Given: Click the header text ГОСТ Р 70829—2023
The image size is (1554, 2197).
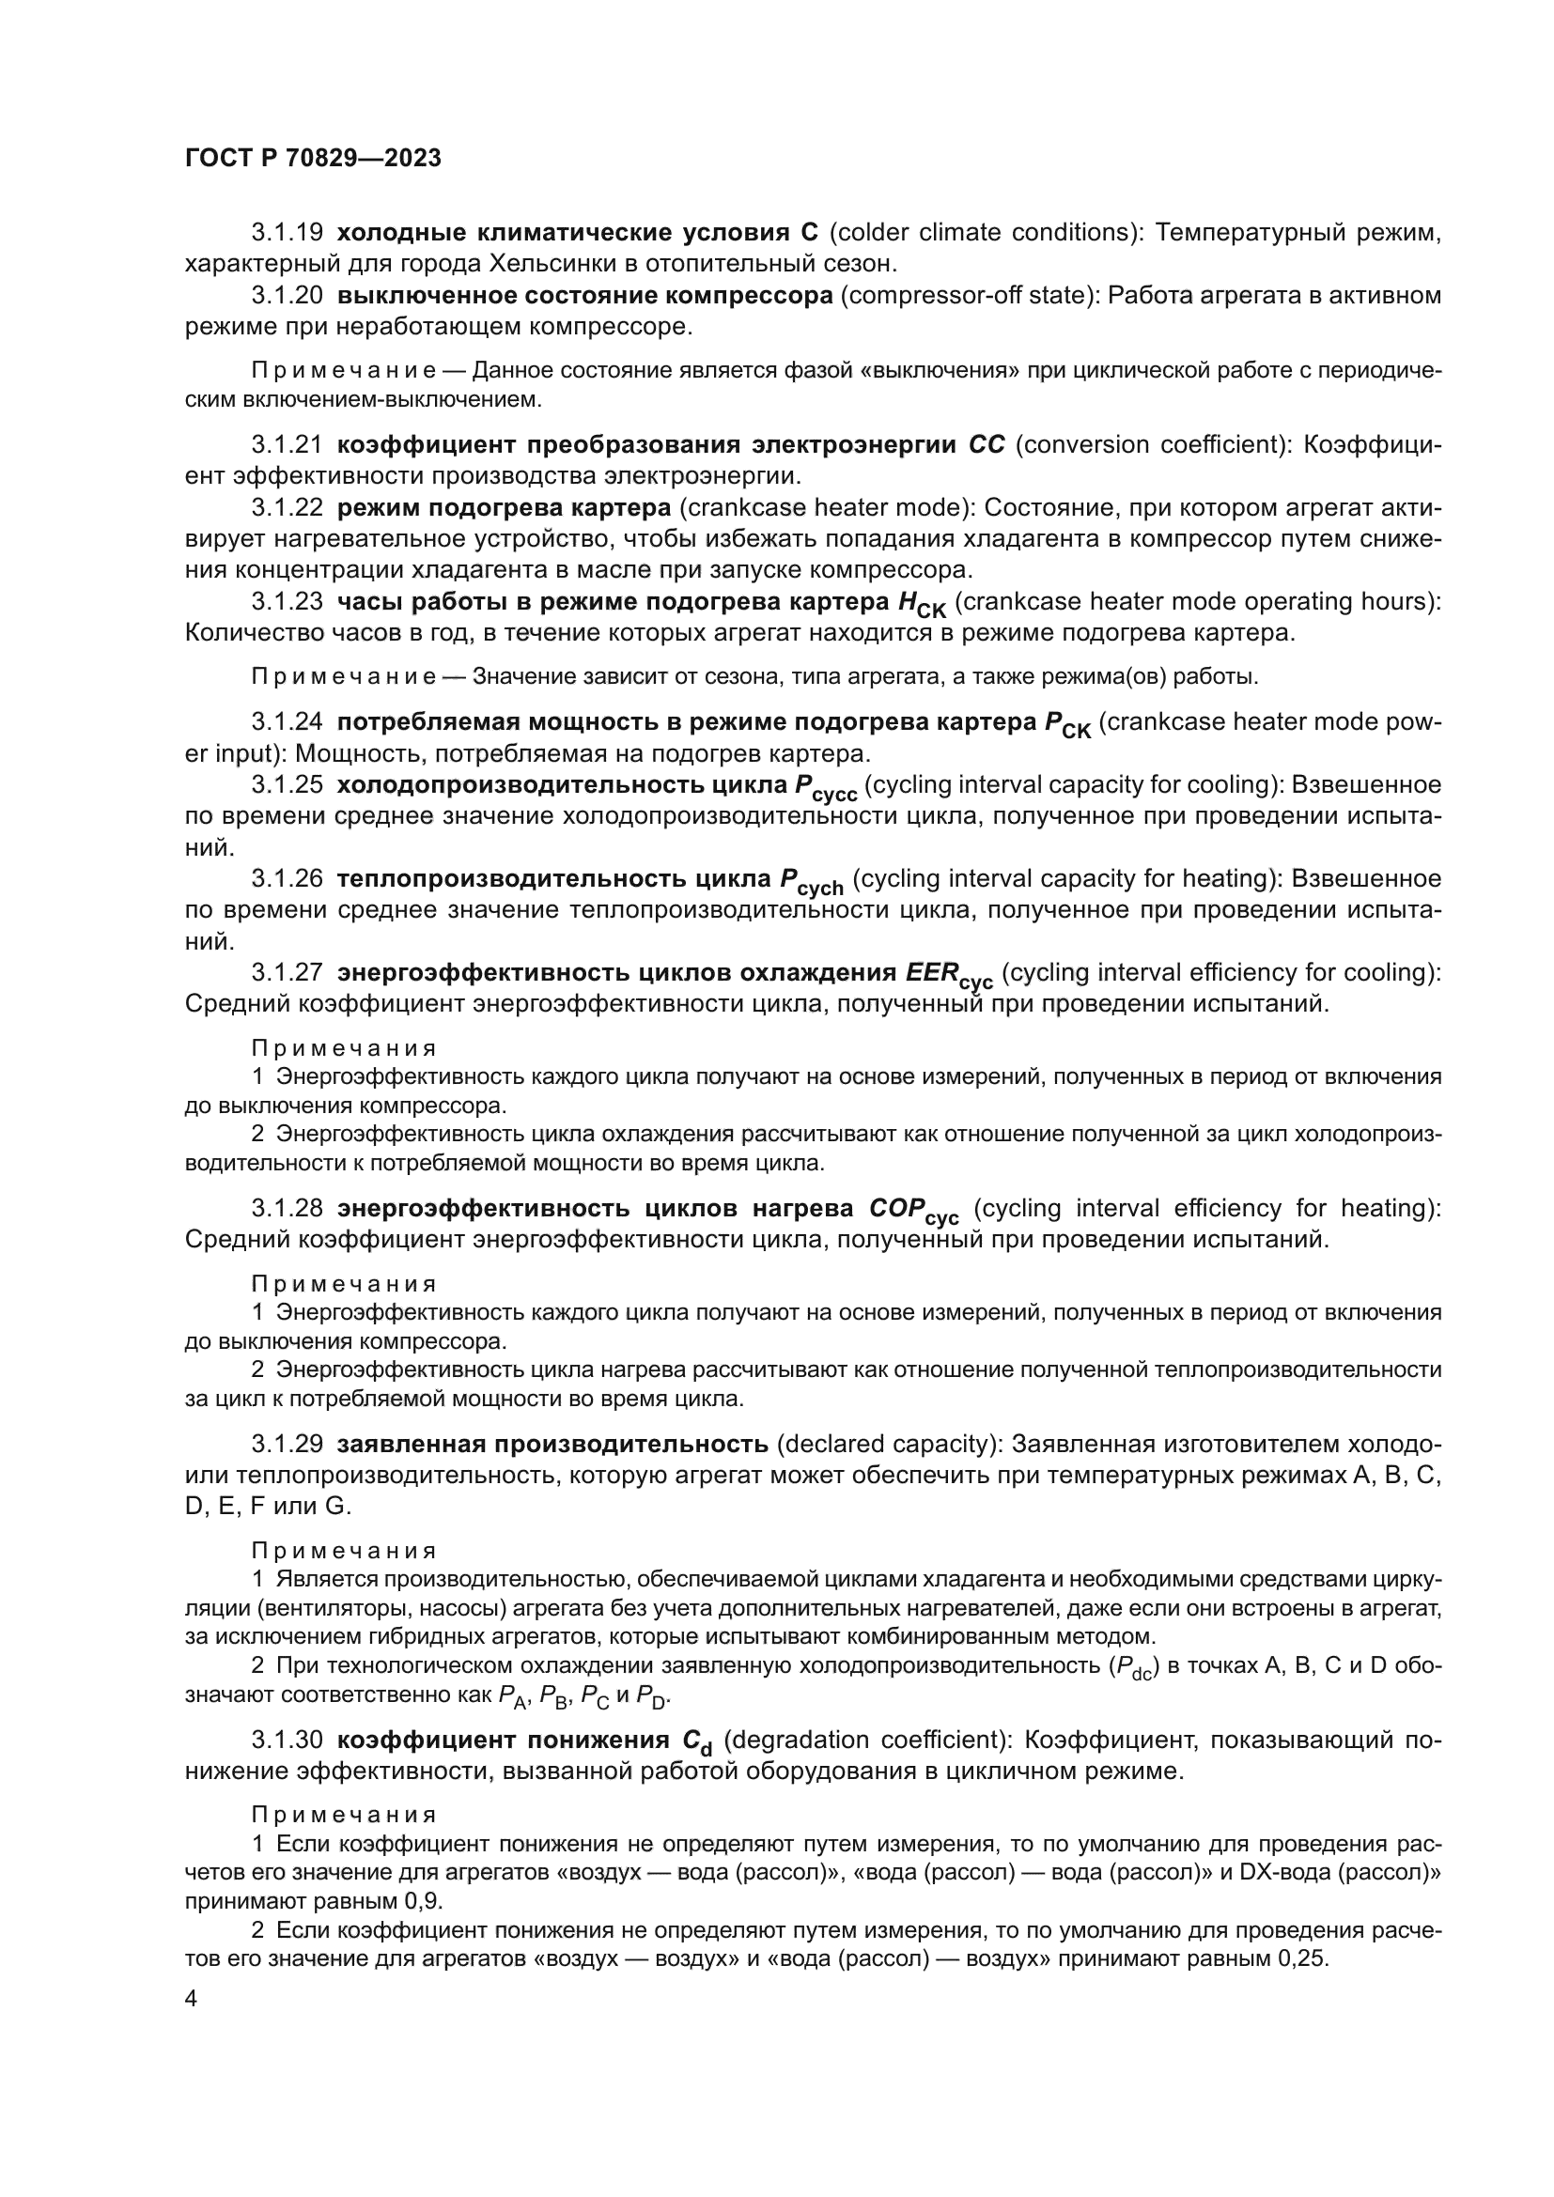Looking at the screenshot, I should coord(313,159).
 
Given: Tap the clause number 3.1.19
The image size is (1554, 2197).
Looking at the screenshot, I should coord(287,233).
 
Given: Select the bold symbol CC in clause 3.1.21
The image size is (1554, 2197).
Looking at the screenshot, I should coord(987,445).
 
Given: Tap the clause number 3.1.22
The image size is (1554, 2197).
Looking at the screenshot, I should coord(287,507).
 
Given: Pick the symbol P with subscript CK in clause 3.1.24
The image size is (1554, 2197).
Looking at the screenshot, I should coord(1067,725).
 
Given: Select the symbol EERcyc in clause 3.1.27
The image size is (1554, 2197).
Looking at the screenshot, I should coord(948,975).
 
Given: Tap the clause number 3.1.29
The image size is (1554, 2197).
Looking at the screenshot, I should coord(287,1443).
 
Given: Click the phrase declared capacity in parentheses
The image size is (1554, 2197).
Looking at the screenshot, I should coord(887,1443).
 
